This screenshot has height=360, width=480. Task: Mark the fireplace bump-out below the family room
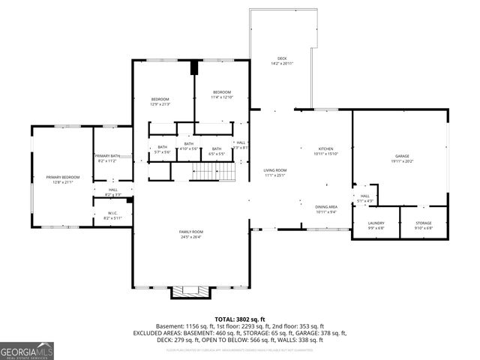click(190, 291)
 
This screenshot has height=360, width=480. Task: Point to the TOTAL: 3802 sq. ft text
click(239, 319)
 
